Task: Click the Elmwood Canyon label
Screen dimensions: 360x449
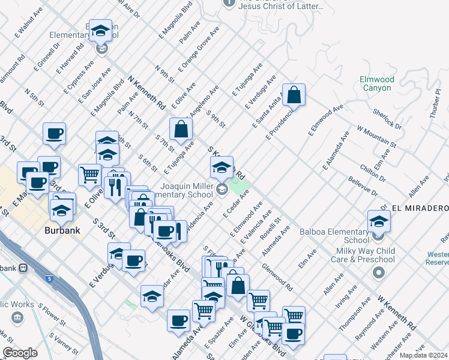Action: [x=376, y=83]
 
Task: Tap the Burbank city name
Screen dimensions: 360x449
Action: [x=62, y=229]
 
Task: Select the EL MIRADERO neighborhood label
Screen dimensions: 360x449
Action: [x=420, y=208]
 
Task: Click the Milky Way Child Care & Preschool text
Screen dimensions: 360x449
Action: [x=363, y=254]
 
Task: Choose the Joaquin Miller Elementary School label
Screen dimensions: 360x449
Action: [x=186, y=190]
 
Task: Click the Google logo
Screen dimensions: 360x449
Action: [x=20, y=353]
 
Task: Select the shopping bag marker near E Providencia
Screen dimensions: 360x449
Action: [x=294, y=95]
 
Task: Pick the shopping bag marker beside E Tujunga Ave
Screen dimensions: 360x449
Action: [x=181, y=129]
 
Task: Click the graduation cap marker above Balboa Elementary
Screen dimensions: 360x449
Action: [x=379, y=221]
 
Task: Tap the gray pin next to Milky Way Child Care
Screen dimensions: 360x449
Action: [x=378, y=274]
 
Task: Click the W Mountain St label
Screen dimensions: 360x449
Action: [x=376, y=136]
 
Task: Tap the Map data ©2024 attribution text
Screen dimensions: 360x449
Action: [x=423, y=355]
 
